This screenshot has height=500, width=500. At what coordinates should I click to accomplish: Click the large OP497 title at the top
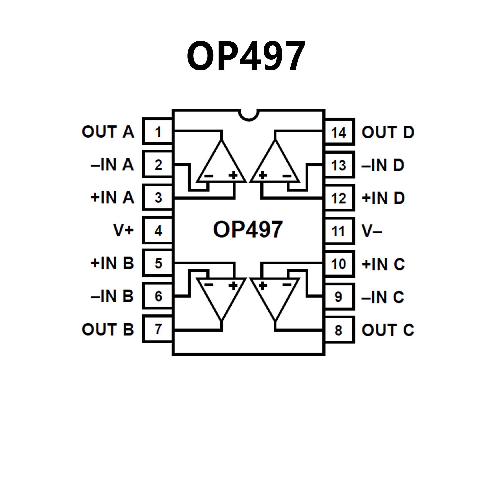pos(246,56)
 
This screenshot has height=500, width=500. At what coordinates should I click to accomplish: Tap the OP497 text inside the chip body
pos(248,230)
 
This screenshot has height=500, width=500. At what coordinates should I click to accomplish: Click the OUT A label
pos(108,132)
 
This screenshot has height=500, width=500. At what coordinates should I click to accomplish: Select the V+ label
pos(123,230)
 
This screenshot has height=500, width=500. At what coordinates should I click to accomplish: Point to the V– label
pos(372,231)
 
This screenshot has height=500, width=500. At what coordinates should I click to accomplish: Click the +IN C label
pos(383,264)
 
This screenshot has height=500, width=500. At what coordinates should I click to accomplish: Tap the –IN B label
pos(112,296)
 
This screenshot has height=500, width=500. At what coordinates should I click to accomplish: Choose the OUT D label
pos(388,132)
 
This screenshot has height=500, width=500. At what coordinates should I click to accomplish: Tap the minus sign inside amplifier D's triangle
pos(287,176)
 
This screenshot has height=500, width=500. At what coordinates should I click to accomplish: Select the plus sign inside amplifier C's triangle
pos(263,286)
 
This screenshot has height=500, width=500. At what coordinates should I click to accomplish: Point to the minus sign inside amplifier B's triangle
pos(209,285)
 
